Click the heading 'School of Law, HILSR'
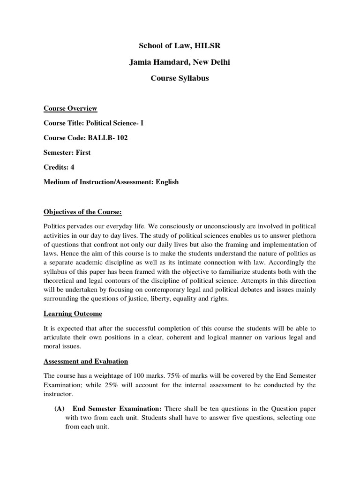click(x=180, y=45)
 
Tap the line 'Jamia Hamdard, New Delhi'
click(x=180, y=62)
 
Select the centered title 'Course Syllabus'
click(x=180, y=78)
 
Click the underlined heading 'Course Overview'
click(x=70, y=109)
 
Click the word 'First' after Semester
click(x=83, y=153)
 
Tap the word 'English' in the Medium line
click(x=164, y=182)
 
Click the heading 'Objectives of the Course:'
click(x=82, y=212)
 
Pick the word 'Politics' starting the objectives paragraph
click(x=55, y=226)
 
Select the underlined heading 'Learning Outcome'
click(x=73, y=313)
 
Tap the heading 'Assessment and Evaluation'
click(x=86, y=361)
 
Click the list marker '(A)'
click(x=60, y=409)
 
